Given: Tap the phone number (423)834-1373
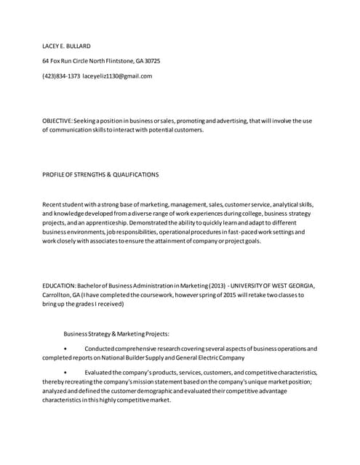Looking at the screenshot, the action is pyautogui.click(x=61, y=76).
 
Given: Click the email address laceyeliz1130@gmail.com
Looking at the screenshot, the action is pyautogui.click(x=118, y=76).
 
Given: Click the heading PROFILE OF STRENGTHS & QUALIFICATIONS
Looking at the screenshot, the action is pyautogui.click(x=100, y=174).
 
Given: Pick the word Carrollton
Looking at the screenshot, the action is pyautogui.click(x=58, y=295).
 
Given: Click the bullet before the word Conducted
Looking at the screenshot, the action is pyautogui.click(x=65, y=349).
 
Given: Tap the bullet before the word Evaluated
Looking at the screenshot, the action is pyautogui.click(x=65, y=373).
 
